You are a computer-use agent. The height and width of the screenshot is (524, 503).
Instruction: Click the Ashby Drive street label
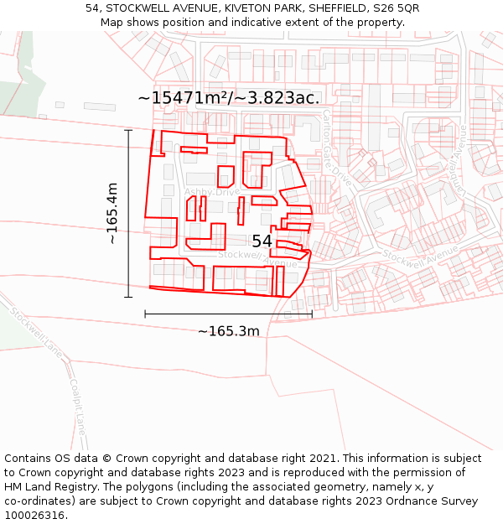click(x=211, y=192)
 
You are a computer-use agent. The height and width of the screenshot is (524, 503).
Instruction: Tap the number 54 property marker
click(x=262, y=241)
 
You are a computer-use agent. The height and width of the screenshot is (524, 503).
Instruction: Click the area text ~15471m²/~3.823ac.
click(x=228, y=97)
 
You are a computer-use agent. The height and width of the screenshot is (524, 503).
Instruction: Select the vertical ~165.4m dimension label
click(x=112, y=213)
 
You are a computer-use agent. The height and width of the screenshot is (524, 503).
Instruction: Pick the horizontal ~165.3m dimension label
click(x=228, y=331)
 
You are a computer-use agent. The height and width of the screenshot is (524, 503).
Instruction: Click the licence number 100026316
click(x=34, y=515)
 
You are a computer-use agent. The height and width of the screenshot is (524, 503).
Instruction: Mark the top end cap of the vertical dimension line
click(x=128, y=131)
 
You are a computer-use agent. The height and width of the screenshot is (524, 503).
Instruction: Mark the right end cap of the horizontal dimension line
click(x=312, y=314)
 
